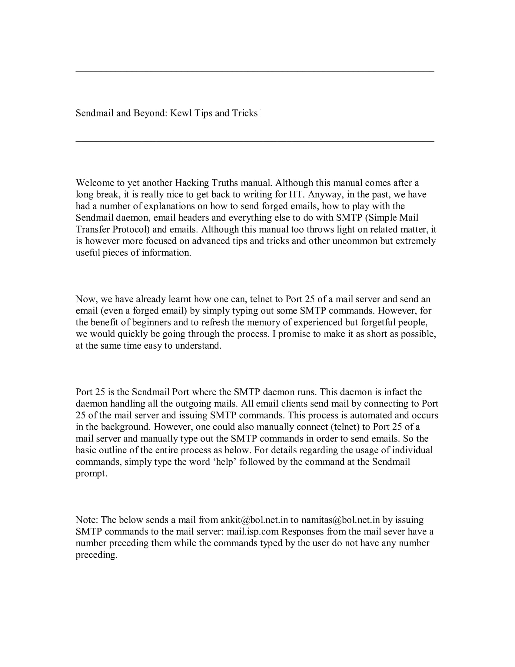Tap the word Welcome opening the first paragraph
pos(94,183)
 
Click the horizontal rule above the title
pos(255,72)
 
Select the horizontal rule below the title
pos(255,141)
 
